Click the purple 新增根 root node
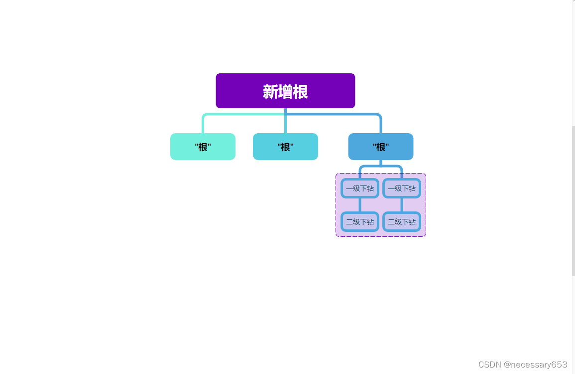285,91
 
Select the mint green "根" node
203,147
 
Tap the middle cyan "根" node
285,147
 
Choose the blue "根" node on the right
380,147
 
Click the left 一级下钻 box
360,188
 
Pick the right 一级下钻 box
402,188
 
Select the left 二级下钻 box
360,222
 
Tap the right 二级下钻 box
402,222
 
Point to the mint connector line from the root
234,115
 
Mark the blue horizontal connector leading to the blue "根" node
339,115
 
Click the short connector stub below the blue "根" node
380,163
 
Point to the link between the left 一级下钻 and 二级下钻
360,205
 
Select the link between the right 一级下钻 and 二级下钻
402,205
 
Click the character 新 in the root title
270,92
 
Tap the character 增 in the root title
285,92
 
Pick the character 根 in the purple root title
301,92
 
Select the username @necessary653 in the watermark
535,365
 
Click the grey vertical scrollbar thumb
573,199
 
